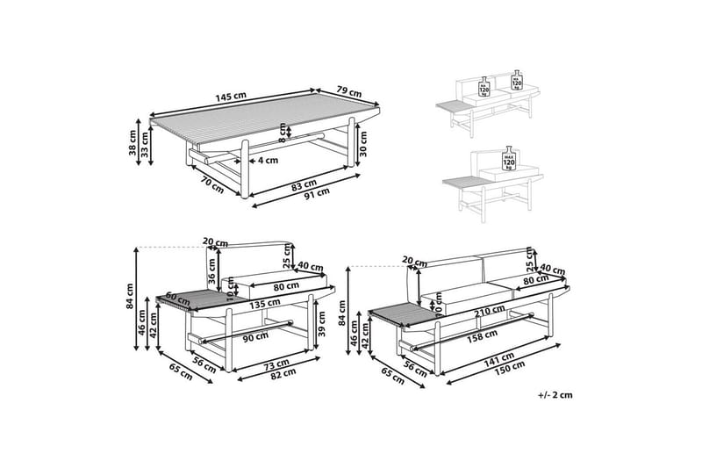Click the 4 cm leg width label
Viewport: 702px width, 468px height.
tap(267, 160)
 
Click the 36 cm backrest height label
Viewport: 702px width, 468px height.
tap(211, 275)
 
